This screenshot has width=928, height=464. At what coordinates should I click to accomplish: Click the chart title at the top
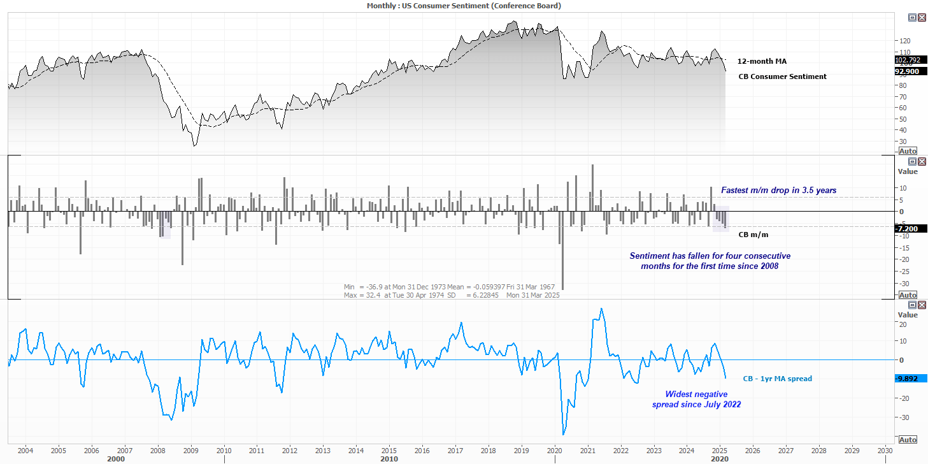tap(464, 5)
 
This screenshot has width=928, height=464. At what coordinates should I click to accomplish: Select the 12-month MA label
tap(762, 61)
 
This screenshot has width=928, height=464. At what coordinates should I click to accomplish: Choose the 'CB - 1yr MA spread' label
tap(777, 379)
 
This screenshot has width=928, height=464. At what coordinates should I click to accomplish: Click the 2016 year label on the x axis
tap(422, 450)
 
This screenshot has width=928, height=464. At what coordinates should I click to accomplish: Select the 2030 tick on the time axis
tap(885, 450)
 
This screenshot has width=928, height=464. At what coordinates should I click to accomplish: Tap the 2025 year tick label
tap(720, 450)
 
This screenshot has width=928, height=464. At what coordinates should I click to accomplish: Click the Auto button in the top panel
tap(907, 151)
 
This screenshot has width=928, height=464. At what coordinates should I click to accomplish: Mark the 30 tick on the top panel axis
tap(903, 141)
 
